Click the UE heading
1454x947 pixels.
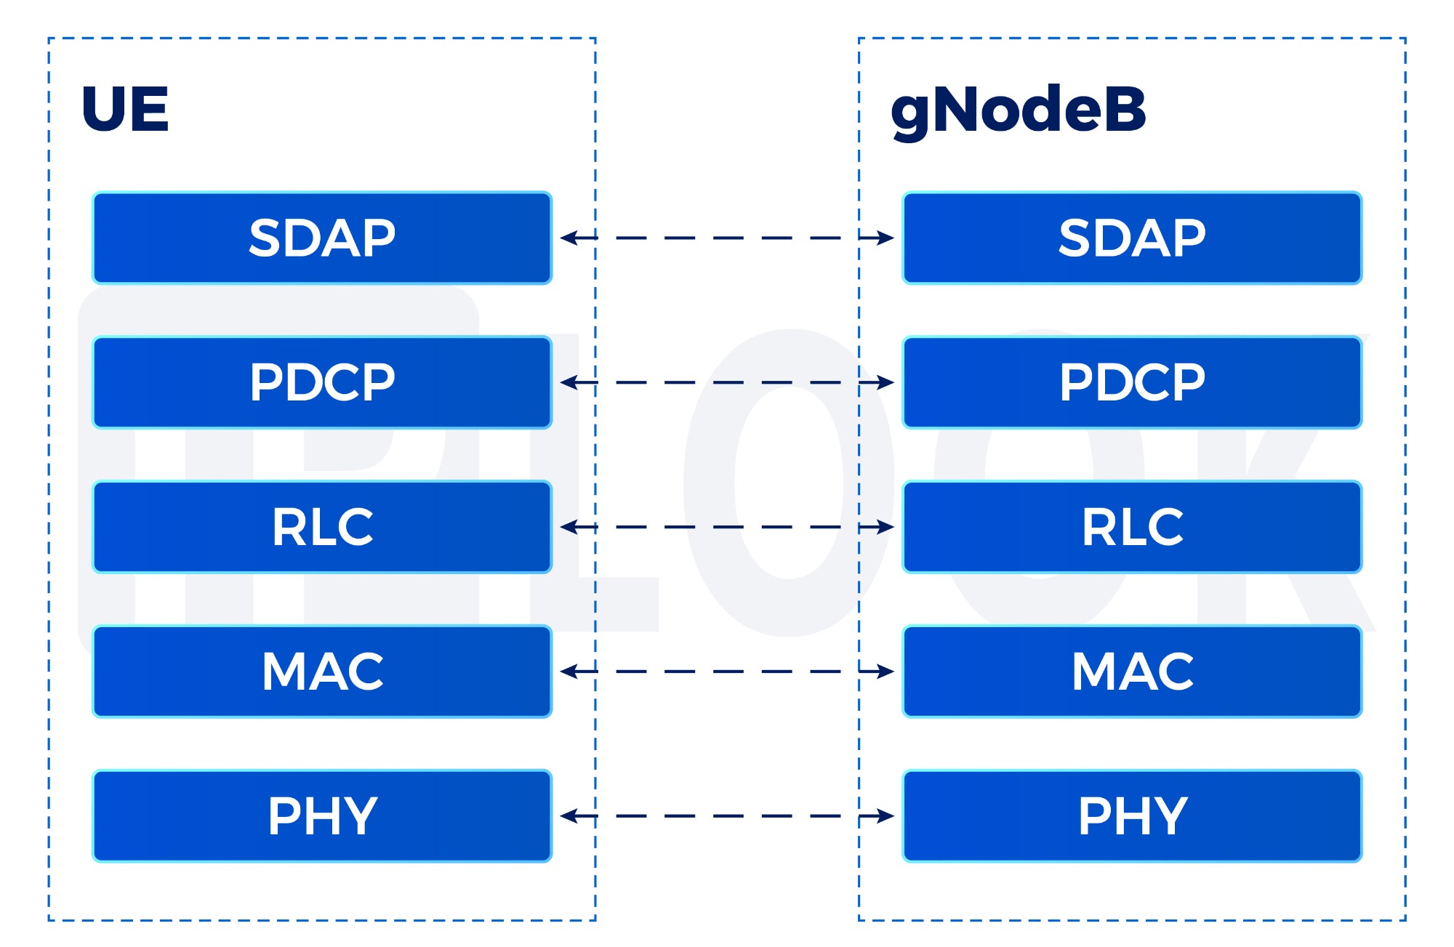point(125,109)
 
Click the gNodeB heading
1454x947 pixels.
point(1018,110)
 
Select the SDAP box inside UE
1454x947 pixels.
point(322,238)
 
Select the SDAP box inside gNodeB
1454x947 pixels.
point(1132,238)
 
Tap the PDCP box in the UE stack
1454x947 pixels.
point(322,382)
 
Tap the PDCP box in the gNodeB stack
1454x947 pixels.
point(1132,382)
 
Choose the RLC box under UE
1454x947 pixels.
point(322,527)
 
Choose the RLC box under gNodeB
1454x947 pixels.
point(1132,527)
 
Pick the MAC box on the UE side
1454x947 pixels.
point(322,672)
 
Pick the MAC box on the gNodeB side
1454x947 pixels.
point(1132,672)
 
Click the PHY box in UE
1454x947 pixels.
point(322,816)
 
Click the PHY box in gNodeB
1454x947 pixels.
point(1132,816)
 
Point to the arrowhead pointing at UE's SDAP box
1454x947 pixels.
point(569,238)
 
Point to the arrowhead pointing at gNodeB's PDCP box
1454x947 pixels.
point(885,382)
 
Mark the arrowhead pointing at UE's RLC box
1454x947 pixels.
point(569,527)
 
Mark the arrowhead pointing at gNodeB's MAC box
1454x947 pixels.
point(885,672)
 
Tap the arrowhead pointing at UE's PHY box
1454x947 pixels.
point(569,816)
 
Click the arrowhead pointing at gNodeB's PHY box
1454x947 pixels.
point(885,816)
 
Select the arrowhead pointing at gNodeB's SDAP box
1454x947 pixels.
point(885,238)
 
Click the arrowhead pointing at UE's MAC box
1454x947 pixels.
point(569,672)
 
